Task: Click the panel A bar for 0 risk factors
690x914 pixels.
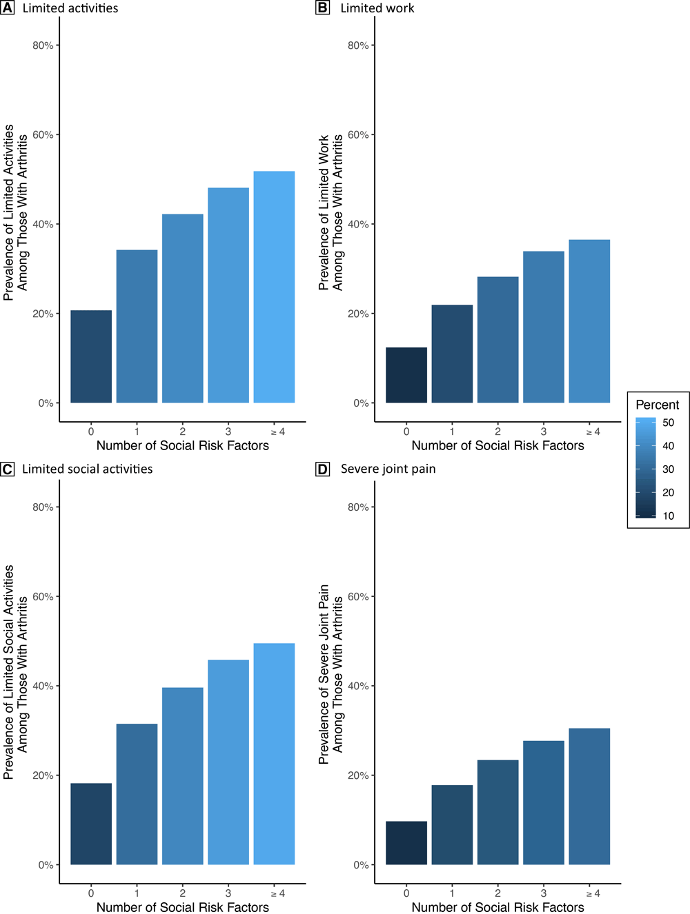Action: (91, 356)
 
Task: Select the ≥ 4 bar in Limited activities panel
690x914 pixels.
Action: (274, 287)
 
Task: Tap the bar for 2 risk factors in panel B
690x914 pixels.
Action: (497, 340)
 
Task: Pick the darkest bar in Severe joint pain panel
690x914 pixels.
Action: (406, 842)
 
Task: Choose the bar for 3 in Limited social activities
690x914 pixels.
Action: (228, 762)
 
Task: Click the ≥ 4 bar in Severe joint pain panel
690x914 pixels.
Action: (589, 796)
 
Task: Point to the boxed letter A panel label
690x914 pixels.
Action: (7, 8)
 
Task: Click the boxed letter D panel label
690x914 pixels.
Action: (322, 469)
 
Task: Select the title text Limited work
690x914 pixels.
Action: (377, 8)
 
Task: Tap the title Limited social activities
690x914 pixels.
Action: (88, 469)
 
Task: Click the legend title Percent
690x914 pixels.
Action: (657, 405)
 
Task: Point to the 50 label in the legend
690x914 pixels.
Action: (668, 423)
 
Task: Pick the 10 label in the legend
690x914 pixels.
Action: (668, 516)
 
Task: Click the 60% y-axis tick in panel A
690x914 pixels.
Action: (43, 134)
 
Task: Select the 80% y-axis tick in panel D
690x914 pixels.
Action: (358, 507)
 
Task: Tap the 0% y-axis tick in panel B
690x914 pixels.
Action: (361, 403)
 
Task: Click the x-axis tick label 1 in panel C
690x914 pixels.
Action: (137, 893)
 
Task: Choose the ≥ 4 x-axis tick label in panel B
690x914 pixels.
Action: (593, 431)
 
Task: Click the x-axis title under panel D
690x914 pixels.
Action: (497, 907)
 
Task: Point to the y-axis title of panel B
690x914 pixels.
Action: (331, 212)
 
